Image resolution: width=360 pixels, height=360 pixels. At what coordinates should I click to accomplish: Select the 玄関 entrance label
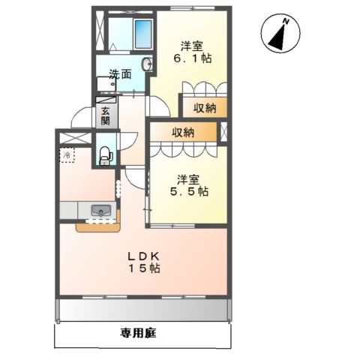coord(106,115)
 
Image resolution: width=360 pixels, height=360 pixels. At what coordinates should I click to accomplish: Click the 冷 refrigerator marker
coord(67,155)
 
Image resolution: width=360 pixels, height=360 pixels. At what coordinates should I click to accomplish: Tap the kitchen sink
coord(100,211)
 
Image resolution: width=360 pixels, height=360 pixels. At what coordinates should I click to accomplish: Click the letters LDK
coord(142,255)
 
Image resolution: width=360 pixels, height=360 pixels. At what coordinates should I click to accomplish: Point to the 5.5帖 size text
coord(193,192)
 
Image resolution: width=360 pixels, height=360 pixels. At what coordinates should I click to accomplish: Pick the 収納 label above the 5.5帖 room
coord(182,133)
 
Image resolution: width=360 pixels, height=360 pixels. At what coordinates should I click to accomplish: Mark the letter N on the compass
coord(285,23)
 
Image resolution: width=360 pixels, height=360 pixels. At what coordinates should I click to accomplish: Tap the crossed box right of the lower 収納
coord(222,133)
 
